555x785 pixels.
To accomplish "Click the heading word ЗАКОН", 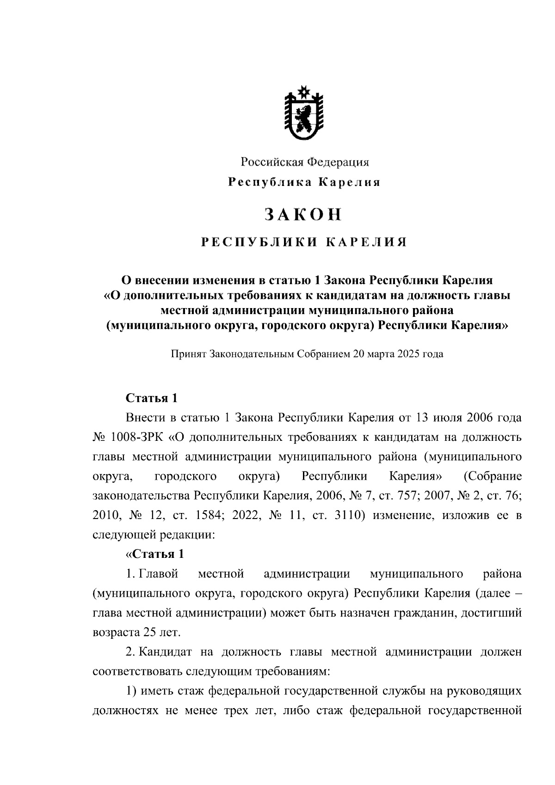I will pos(303,214).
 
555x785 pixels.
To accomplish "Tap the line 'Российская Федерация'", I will pos(304,162).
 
